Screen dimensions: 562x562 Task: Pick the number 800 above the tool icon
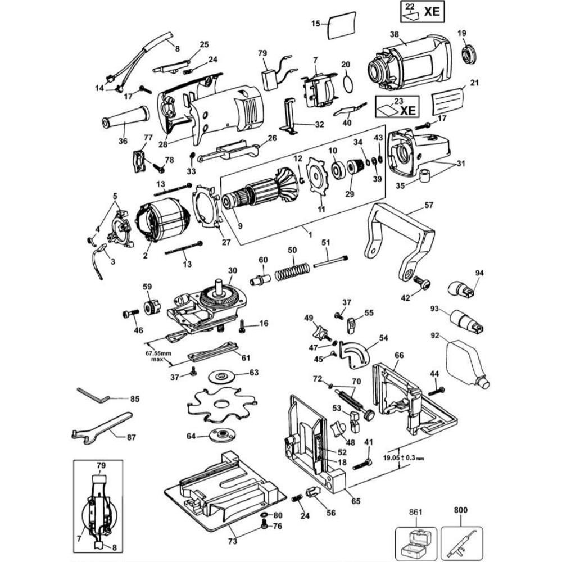click(462, 513)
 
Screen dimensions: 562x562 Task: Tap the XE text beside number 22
click(432, 11)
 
